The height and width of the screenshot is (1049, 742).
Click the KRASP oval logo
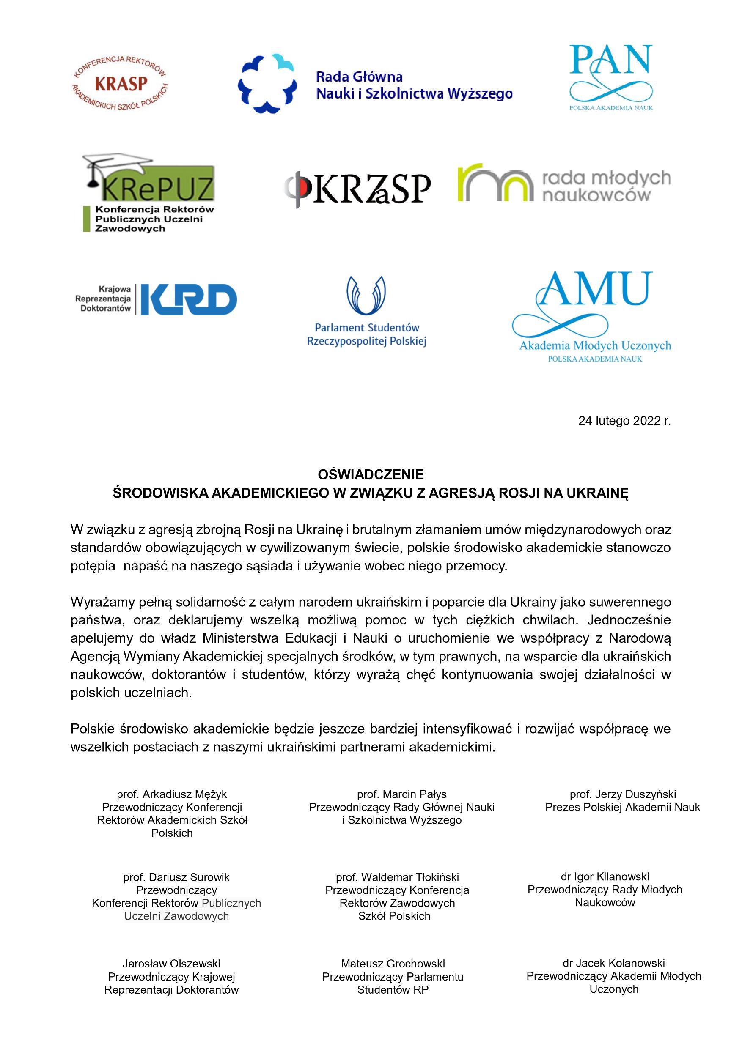click(x=120, y=84)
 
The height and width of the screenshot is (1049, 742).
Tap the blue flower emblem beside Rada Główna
click(x=267, y=83)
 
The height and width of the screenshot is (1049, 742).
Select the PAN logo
click(x=611, y=76)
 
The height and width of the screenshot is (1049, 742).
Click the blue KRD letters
click(x=188, y=299)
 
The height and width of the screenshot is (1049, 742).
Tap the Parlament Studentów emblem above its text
click(x=366, y=296)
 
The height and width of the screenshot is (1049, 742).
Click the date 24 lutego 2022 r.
click(x=624, y=421)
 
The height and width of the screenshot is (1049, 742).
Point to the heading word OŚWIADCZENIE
click(x=371, y=475)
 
